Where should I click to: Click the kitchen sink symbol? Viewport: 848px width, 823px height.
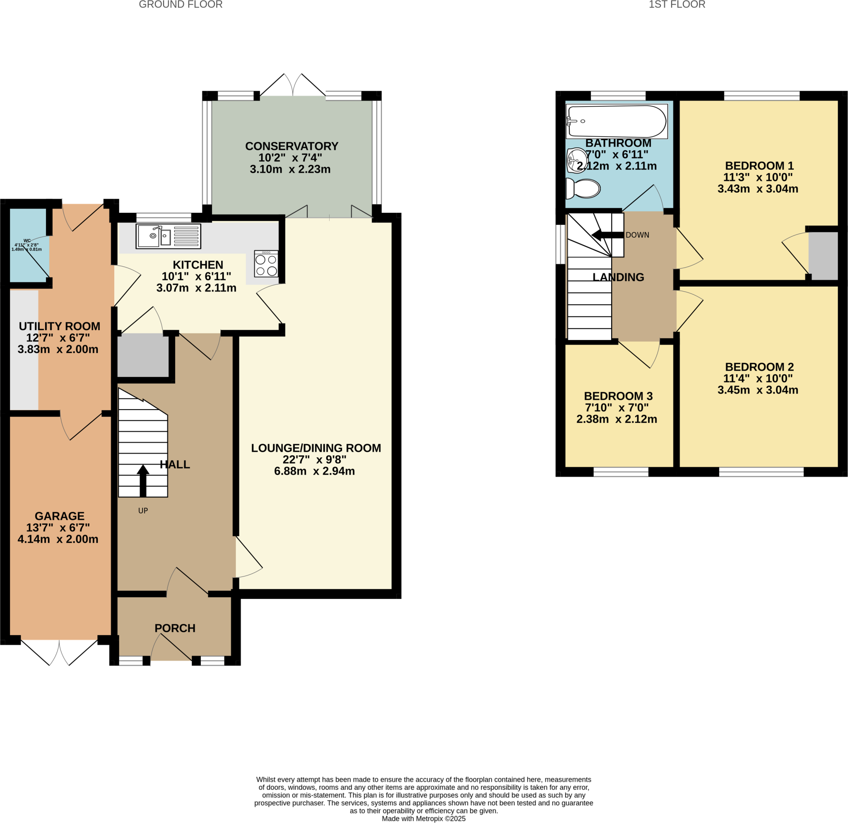click(x=168, y=236)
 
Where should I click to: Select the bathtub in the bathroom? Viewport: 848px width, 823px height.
click(x=617, y=122)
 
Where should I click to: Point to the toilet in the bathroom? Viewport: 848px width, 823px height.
click(x=584, y=188)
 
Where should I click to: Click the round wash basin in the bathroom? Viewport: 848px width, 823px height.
click(x=576, y=160)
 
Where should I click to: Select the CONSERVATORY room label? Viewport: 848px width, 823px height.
click(x=291, y=146)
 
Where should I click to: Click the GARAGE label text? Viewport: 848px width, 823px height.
click(x=60, y=516)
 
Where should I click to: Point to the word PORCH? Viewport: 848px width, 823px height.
click(x=175, y=628)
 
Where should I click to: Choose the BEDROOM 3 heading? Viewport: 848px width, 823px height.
click(x=618, y=396)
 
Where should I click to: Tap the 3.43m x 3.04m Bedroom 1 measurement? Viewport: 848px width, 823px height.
click(x=758, y=188)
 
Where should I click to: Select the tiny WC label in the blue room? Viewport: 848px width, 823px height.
click(x=27, y=241)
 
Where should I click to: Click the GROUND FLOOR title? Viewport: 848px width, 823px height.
click(x=181, y=5)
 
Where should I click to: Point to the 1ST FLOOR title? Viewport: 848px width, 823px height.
click(x=677, y=5)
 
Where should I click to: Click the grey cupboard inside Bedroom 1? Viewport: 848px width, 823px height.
click(x=823, y=255)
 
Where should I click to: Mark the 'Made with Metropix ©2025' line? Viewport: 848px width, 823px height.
click(x=424, y=819)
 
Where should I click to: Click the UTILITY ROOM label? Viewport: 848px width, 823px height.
click(x=59, y=326)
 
